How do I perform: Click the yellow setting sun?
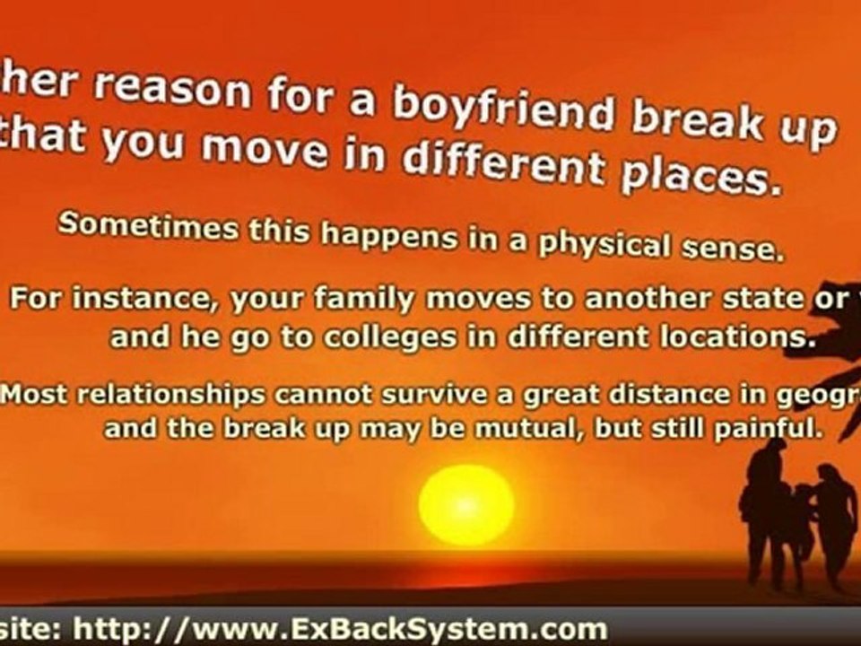coord(466,504)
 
